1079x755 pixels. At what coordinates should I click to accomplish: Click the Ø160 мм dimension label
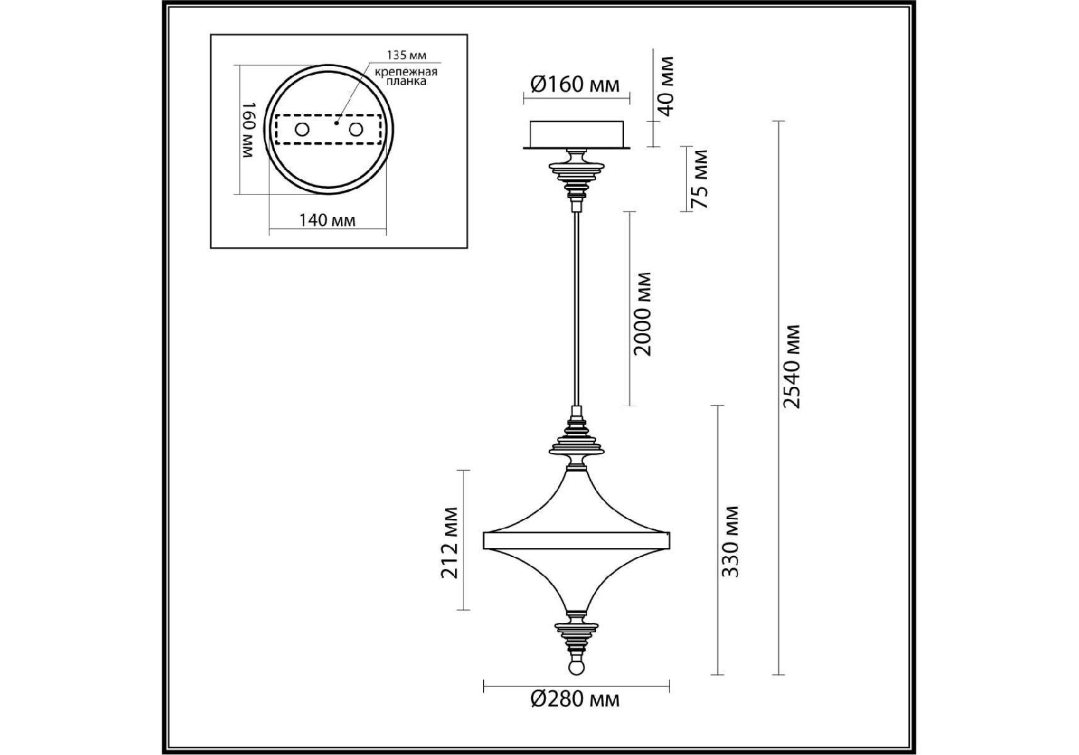click(x=575, y=84)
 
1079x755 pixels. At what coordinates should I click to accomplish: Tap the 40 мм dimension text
click(x=666, y=86)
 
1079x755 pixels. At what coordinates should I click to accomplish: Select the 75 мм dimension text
click(x=699, y=179)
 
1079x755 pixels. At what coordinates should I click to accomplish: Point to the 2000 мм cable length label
click(x=643, y=314)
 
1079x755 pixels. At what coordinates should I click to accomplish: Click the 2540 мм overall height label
click(x=791, y=367)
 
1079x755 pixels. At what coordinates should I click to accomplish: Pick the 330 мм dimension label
click(x=730, y=541)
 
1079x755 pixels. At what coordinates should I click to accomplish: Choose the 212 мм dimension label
click(x=450, y=542)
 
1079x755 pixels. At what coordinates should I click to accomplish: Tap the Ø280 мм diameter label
click(x=575, y=699)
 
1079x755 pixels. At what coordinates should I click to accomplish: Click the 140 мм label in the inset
click(x=327, y=220)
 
